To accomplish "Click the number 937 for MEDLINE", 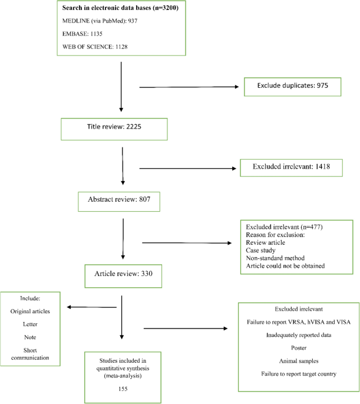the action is point(133,21).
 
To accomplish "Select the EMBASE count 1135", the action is point(96,34).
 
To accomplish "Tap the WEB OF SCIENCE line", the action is point(95,47).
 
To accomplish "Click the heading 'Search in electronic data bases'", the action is point(107,8).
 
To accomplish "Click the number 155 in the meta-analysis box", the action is point(123,389).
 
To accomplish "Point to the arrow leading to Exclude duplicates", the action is point(189,87).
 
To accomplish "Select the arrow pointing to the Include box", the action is point(91,307).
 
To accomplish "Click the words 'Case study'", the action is point(260,250).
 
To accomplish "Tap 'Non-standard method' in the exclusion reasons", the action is point(275,258).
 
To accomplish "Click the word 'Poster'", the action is point(299,348).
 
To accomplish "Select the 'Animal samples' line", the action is point(299,361).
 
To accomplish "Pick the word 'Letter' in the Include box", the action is point(30,324).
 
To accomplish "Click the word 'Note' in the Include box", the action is point(30,337).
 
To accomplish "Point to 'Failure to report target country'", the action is point(299,374).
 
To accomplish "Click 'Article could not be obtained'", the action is point(285,265).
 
